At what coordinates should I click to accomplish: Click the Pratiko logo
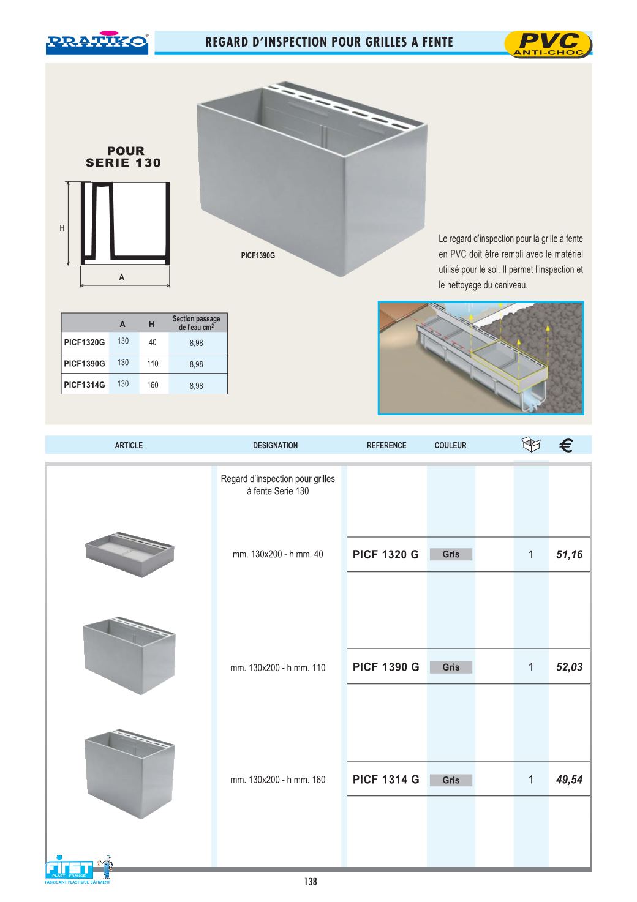pyautogui.click(x=97, y=42)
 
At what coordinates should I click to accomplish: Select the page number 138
pyautogui.click(x=311, y=882)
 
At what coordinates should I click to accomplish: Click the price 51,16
pyautogui.click(x=569, y=555)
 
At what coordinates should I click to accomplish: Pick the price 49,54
pyautogui.click(x=569, y=780)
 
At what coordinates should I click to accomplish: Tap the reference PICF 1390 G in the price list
pyautogui.click(x=386, y=667)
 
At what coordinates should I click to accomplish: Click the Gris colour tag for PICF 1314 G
pyautogui.click(x=451, y=780)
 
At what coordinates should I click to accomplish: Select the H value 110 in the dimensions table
pyautogui.click(x=153, y=364)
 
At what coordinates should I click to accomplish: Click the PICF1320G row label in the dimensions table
pyautogui.click(x=85, y=342)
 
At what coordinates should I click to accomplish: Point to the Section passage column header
pyautogui.click(x=196, y=323)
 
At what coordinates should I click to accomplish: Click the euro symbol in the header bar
pyautogui.click(x=567, y=446)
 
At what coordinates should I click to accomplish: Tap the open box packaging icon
pyautogui.click(x=531, y=445)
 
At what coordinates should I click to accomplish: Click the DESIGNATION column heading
pyautogui.click(x=275, y=446)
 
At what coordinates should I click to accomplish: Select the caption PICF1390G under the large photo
pyautogui.click(x=258, y=255)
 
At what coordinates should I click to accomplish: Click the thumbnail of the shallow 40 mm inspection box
pyautogui.click(x=130, y=554)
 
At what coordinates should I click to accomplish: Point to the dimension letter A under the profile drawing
pyautogui.click(x=122, y=277)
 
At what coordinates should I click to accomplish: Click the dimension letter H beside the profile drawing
pyautogui.click(x=62, y=228)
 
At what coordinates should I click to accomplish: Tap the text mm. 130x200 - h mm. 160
pyautogui.click(x=277, y=780)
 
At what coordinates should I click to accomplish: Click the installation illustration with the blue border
pyautogui.click(x=480, y=358)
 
